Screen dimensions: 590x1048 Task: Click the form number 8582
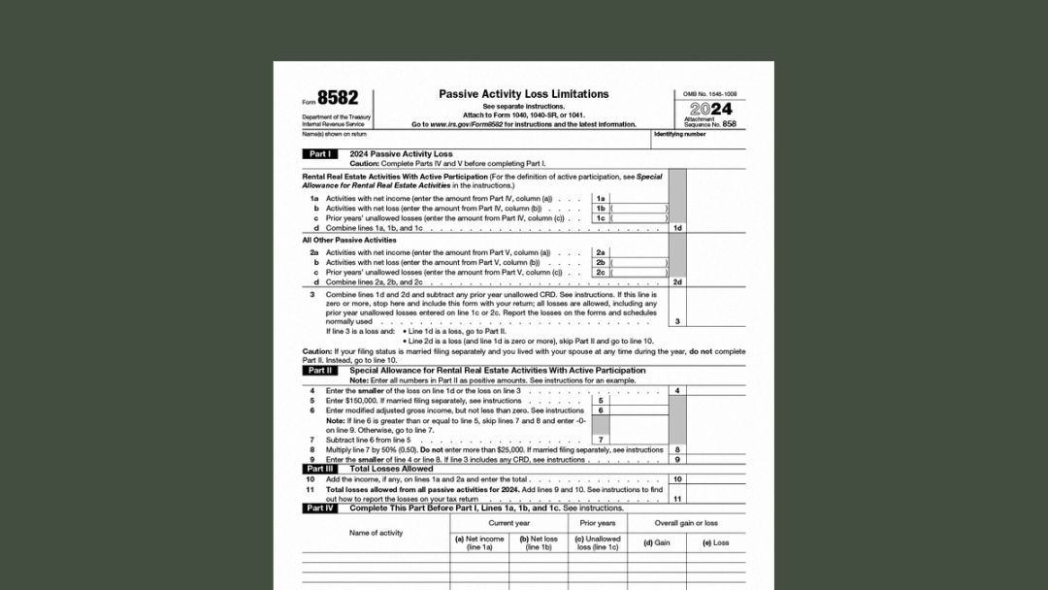coord(337,98)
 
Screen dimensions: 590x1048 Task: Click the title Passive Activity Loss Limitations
coord(523,94)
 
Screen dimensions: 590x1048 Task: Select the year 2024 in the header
coord(710,110)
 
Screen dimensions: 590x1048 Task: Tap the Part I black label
coord(319,154)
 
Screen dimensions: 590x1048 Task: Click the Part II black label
coord(319,371)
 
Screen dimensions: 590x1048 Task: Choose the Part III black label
coord(319,469)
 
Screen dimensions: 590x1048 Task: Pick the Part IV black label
coord(319,508)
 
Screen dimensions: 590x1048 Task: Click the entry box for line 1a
coord(639,199)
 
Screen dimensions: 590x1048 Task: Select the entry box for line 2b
coord(639,263)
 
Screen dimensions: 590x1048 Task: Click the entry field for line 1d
coord(716,228)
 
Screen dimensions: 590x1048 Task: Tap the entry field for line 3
coord(716,321)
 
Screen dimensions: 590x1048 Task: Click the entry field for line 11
coord(716,499)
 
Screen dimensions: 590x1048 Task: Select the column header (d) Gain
coord(657,543)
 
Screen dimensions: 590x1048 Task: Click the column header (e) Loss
coord(715,543)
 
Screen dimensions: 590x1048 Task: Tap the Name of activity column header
coord(376,533)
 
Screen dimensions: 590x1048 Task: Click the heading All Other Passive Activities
coord(349,240)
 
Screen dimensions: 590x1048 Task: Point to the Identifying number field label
coord(679,135)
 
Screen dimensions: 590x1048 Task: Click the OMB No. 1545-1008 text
coord(709,94)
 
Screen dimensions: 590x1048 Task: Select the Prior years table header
coord(598,523)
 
